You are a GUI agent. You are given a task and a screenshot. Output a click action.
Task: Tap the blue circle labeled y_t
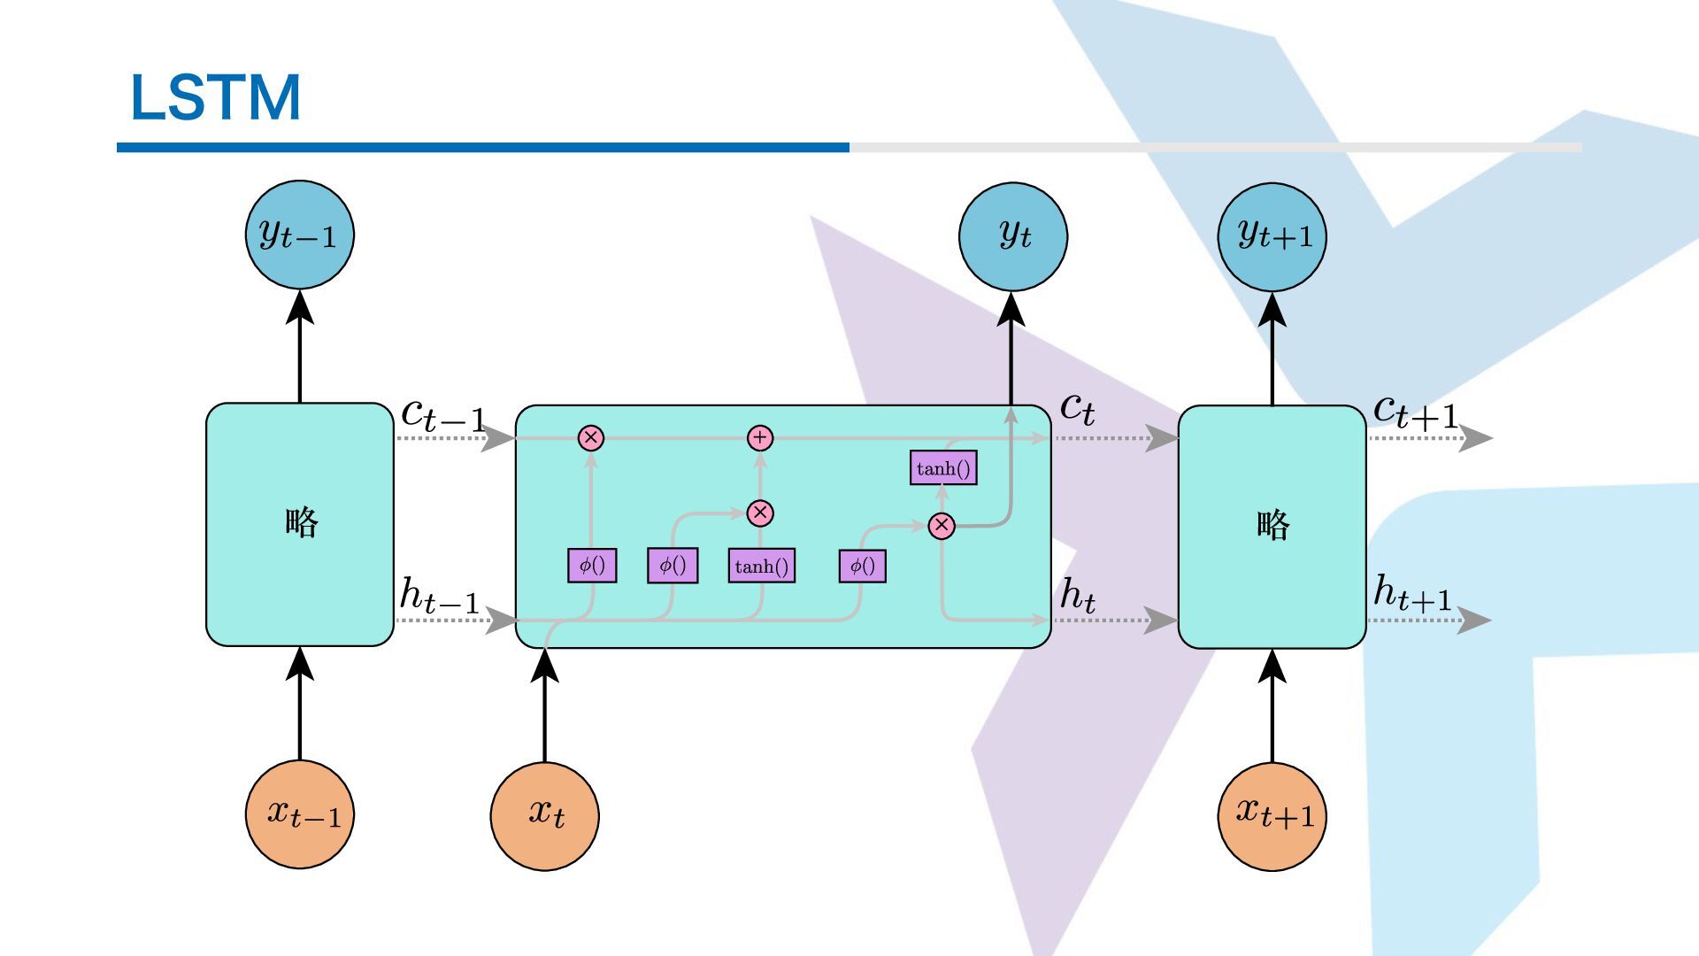tap(1012, 236)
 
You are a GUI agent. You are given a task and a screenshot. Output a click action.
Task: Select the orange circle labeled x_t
tap(544, 815)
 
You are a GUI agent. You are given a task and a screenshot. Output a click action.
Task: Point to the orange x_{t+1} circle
tap(1272, 815)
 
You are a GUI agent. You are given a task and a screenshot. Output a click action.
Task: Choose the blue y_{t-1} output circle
tap(299, 235)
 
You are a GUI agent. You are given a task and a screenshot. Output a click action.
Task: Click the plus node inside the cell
tap(760, 438)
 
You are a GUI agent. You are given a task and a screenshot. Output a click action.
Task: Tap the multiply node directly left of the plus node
tap(591, 438)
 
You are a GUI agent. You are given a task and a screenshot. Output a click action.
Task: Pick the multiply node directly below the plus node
tap(760, 513)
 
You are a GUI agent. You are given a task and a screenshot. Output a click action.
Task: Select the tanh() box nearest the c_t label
tap(943, 468)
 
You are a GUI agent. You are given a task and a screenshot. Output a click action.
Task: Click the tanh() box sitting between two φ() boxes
tap(761, 567)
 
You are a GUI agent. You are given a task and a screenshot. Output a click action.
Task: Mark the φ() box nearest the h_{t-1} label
tap(592, 566)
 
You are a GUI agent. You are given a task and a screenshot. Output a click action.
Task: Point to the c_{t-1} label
tap(442, 414)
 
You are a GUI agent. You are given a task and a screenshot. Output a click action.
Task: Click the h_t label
tap(1078, 595)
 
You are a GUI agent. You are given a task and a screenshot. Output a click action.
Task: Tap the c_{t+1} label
tap(1414, 412)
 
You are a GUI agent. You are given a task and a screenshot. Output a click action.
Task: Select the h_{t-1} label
tap(439, 595)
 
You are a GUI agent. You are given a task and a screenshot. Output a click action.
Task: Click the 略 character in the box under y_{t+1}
tap(1272, 526)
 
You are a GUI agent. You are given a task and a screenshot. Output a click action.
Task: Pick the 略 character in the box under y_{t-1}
tap(301, 522)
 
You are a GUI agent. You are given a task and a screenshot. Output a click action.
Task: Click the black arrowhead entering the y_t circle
tap(1011, 310)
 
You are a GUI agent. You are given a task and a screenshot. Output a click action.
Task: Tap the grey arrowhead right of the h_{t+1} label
tap(1473, 620)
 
